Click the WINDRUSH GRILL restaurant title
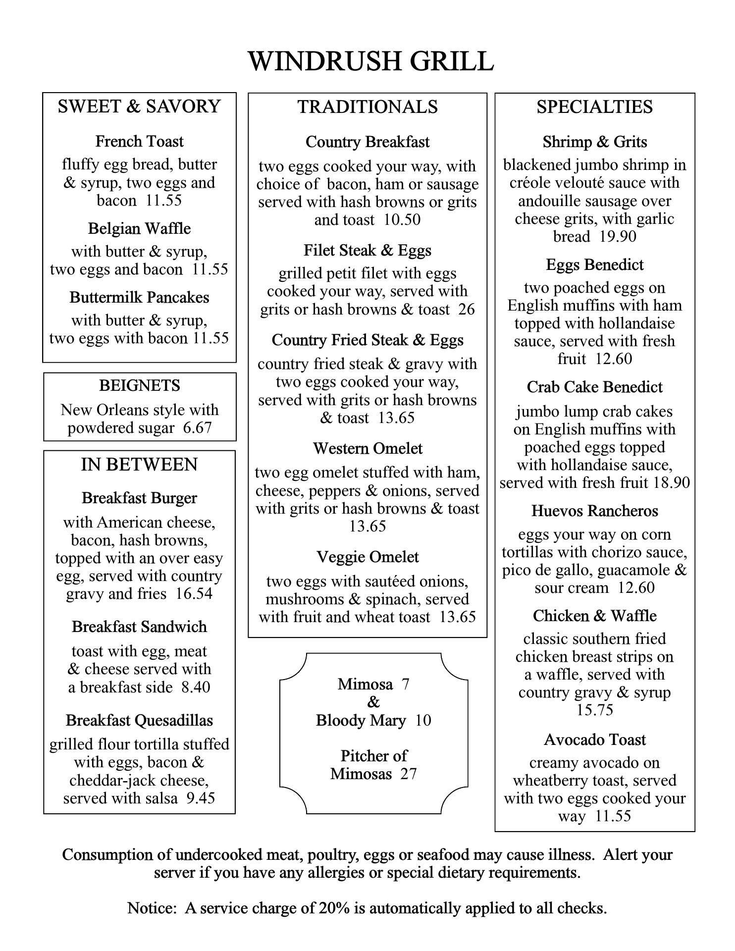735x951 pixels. [370, 61]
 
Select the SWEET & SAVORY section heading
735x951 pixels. [139, 106]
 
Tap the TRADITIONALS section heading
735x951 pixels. [367, 107]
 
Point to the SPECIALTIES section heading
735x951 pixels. [594, 107]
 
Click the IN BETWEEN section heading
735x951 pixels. [139, 465]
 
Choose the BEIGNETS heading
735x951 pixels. [140, 385]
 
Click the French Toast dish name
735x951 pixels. [139, 142]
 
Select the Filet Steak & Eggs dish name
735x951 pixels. [367, 251]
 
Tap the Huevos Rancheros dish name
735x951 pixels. [594, 511]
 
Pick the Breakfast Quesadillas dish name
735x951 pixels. [139, 720]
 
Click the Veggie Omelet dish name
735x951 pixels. [367, 557]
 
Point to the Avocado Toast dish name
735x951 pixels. [594, 740]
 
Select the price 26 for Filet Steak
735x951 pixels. [466, 310]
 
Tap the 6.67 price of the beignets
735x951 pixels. [197, 428]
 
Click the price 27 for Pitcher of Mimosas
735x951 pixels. [408, 774]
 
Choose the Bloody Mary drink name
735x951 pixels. [361, 720]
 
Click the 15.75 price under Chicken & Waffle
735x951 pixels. [594, 710]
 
